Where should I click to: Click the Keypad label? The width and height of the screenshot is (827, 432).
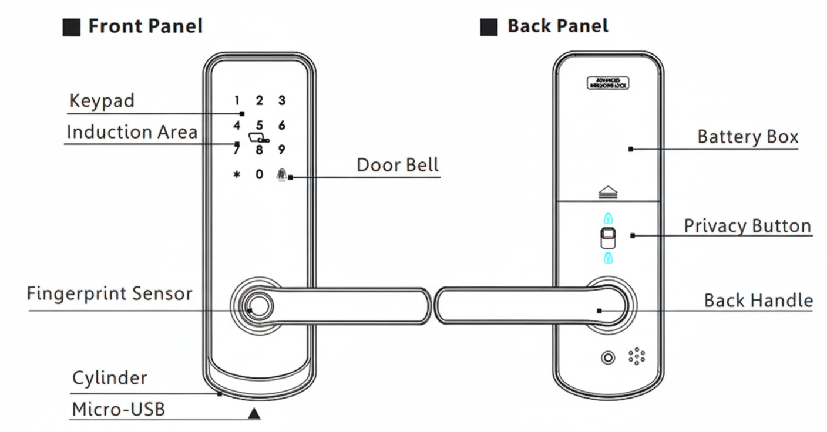[x=102, y=101]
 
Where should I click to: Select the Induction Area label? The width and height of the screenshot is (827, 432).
[x=132, y=132]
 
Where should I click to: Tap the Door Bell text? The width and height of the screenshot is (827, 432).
[x=398, y=165]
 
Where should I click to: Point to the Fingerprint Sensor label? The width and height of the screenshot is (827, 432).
[x=109, y=293]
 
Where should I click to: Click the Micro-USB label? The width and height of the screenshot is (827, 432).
[x=118, y=410]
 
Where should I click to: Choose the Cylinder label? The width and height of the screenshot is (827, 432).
[x=109, y=378]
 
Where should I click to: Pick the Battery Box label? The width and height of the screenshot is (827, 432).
[x=747, y=137]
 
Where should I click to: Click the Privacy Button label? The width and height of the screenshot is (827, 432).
[x=747, y=226]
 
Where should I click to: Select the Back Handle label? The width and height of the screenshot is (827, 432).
[x=758, y=301]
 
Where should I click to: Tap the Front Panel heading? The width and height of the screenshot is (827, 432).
[x=145, y=26]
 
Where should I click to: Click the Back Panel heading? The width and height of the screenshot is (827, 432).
[x=557, y=26]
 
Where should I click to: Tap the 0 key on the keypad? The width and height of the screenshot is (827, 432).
[x=259, y=174]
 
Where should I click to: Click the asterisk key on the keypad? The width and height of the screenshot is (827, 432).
[x=237, y=175]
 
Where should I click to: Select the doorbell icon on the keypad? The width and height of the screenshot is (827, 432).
[x=282, y=174]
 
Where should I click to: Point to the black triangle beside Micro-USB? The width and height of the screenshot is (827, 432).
[x=254, y=414]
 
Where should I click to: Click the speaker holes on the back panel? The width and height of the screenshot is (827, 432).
[x=637, y=356]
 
